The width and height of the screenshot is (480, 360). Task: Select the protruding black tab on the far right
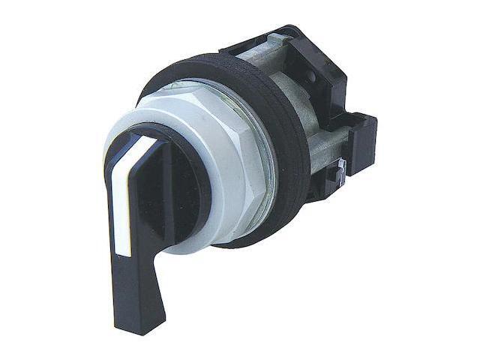tap(364, 139)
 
